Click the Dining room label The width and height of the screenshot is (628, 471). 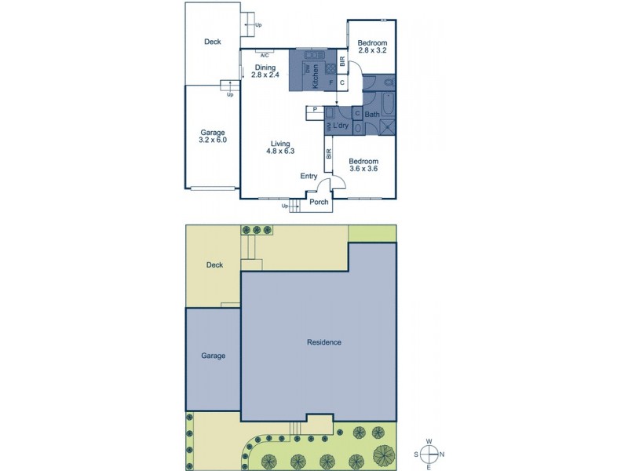(265, 68)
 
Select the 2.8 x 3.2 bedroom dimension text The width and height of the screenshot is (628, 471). (371, 51)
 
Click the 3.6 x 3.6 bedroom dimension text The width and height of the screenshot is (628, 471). (363, 170)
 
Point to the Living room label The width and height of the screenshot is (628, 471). (280, 144)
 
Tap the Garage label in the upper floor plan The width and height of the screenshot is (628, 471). (212, 132)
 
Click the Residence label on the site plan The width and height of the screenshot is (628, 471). (324, 342)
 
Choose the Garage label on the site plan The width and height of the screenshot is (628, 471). (213, 356)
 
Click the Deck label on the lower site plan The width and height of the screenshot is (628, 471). (214, 265)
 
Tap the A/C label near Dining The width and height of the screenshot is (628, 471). (265, 55)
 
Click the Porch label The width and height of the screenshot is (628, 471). (319, 203)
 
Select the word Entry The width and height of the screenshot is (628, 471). (309, 177)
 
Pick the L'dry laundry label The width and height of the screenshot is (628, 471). (341, 126)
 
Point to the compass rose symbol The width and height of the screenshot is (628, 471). (429, 455)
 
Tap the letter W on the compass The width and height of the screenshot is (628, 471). (429, 441)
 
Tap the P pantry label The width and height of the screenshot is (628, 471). (314, 109)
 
